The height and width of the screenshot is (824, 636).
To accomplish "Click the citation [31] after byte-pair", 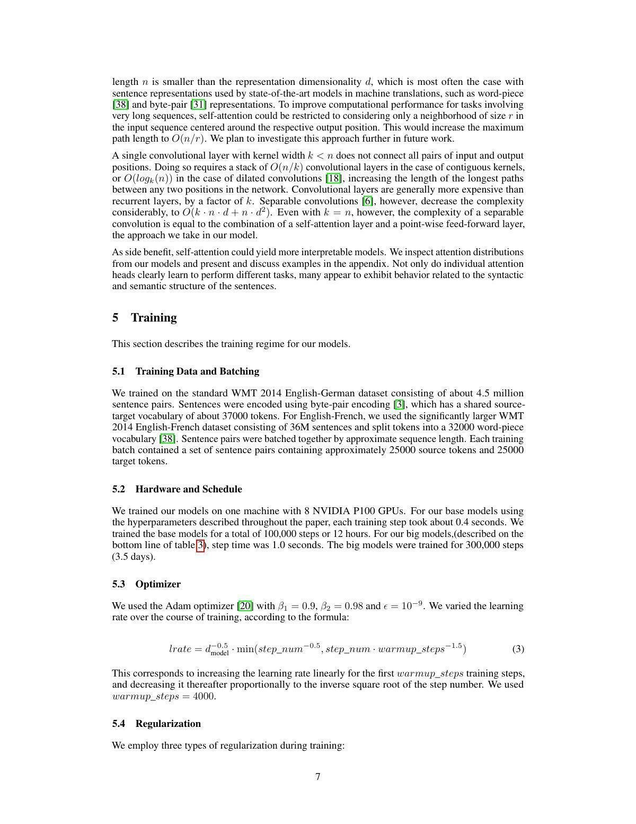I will coord(198,105).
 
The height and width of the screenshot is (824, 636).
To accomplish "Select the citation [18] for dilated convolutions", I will coord(333,178).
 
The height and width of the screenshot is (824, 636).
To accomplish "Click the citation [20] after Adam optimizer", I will coord(245,606).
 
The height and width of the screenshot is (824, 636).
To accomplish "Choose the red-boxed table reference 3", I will coord(200,545).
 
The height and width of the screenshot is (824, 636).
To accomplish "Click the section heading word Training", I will coord(154,317).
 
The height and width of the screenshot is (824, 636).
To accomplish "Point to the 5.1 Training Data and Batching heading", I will coord(185,371).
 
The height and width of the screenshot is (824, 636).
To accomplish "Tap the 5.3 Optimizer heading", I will coord(146,584).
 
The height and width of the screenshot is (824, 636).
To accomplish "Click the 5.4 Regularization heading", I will coord(156,724).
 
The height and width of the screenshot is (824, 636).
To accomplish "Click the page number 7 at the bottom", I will coord(317,777).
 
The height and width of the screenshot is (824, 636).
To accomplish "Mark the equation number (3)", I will coord(518,649).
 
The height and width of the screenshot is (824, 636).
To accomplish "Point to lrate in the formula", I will coord(179,649).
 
